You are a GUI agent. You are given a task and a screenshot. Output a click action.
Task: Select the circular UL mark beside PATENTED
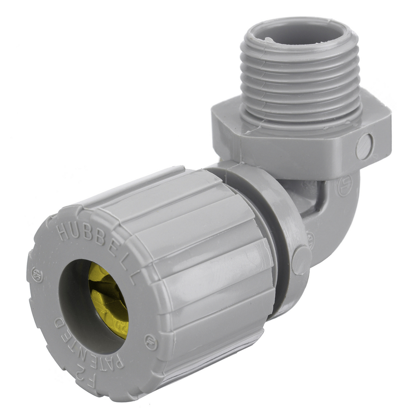pos(151,342)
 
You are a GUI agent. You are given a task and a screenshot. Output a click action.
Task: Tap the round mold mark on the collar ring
pos(302,260)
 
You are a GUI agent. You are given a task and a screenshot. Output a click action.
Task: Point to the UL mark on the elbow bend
pos(345,186)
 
